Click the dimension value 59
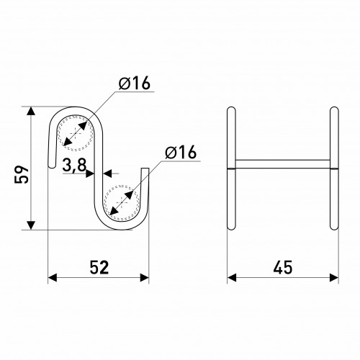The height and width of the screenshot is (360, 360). pyautogui.click(x=22, y=174)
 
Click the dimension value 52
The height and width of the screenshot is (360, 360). pyautogui.click(x=99, y=267)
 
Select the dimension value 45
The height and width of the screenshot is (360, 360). pyautogui.click(x=283, y=267)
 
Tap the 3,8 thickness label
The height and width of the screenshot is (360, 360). pyautogui.click(x=74, y=166)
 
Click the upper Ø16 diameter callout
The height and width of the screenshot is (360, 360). pyautogui.click(x=135, y=83)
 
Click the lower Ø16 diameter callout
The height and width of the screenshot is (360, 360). pyautogui.click(x=181, y=152)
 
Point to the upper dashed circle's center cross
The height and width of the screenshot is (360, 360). pyautogui.click(x=75, y=133)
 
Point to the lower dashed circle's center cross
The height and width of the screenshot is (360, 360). pyautogui.click(x=122, y=203)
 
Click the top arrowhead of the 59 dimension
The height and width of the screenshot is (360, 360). pyautogui.click(x=30, y=111)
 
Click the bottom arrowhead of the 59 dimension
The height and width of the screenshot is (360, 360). pyautogui.click(x=30, y=225)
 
